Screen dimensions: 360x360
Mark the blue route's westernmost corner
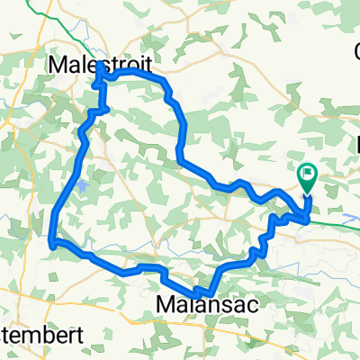coord(53,241)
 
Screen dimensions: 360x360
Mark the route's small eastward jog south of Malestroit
coord(105,109)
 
